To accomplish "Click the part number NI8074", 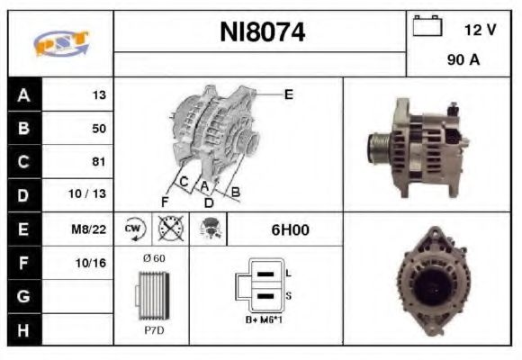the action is [262, 32].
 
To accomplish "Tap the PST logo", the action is [61, 43].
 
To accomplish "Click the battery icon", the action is [427, 25].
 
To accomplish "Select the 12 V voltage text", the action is [480, 30].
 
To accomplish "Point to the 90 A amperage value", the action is [463, 60].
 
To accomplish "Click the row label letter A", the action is [23, 95].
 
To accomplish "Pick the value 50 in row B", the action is [99, 129].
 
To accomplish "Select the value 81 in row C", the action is [98, 161].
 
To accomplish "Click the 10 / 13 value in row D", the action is [87, 193].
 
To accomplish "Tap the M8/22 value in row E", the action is [89, 229].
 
